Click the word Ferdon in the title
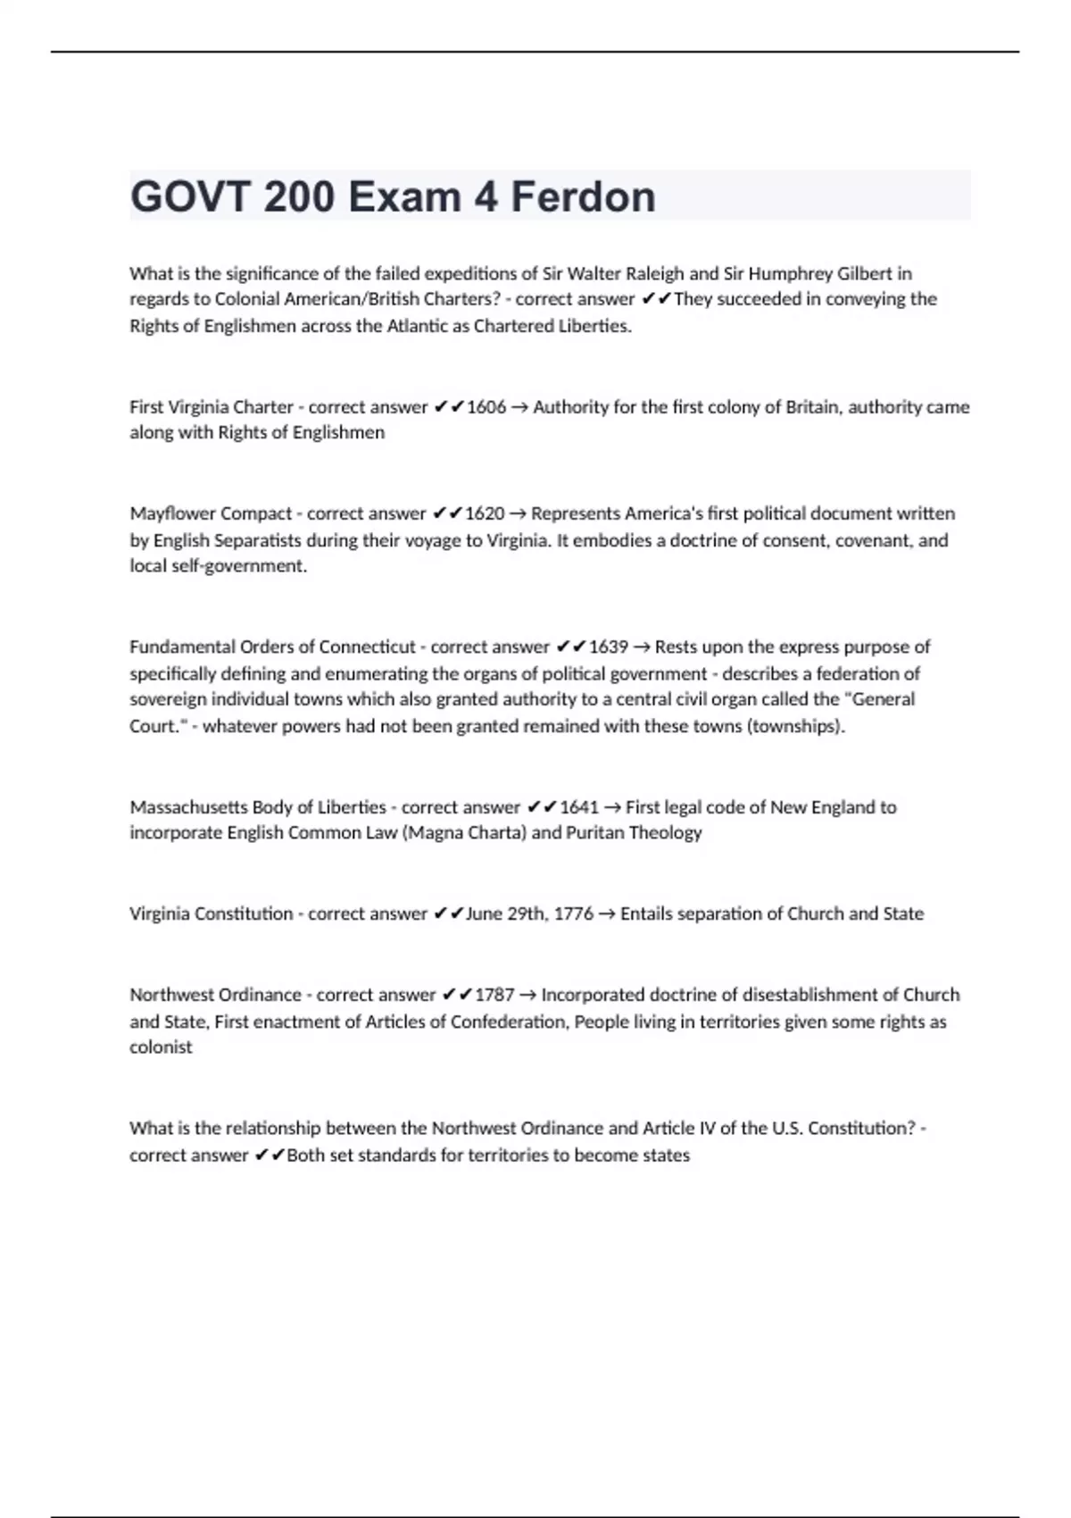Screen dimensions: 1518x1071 click(583, 196)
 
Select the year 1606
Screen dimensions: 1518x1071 click(486, 407)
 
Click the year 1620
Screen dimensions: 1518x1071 click(485, 513)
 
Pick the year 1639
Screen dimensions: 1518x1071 click(608, 646)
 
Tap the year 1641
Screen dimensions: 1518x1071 click(578, 807)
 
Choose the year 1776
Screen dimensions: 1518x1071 click(573, 913)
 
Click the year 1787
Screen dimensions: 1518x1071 click(494, 995)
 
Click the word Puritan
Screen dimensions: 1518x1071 click(595, 833)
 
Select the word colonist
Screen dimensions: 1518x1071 click(161, 1047)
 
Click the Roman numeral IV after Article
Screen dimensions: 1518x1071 click(706, 1129)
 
